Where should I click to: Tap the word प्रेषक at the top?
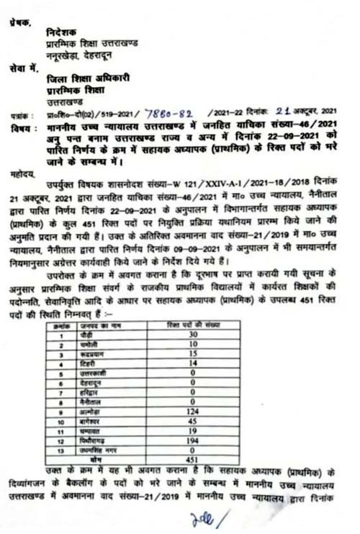21,22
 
